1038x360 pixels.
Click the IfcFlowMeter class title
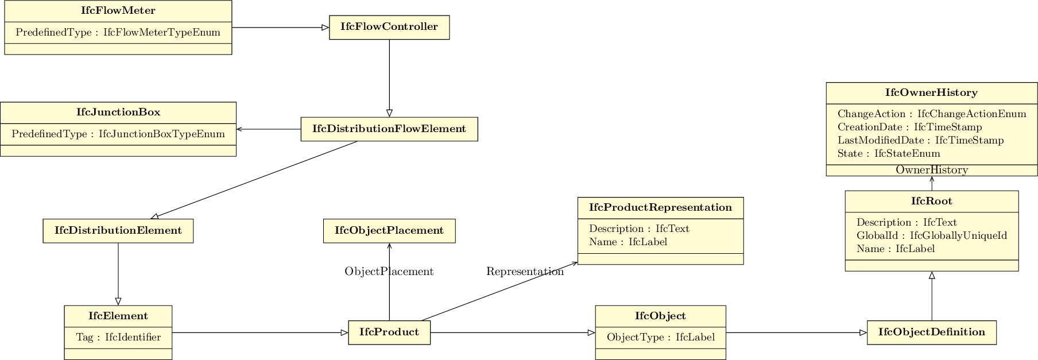pos(118,11)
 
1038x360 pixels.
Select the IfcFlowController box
pos(389,27)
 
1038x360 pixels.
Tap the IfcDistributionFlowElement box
pos(389,129)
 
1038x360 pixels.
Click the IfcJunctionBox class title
pos(118,113)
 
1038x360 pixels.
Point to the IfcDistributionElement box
pos(118,231)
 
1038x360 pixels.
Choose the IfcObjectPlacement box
pos(389,231)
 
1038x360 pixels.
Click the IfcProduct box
pos(389,332)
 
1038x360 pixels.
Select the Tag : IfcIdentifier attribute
pos(118,338)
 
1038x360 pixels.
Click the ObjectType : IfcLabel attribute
pos(660,338)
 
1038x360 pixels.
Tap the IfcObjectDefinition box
pos(931,332)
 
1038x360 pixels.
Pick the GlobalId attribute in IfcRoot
pos(931,236)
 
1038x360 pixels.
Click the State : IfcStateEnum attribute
pos(888,154)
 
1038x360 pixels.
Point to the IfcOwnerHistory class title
pos(931,93)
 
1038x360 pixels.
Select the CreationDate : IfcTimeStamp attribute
pos(909,127)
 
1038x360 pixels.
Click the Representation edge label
pos(525,272)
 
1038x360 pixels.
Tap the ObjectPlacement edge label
pos(389,272)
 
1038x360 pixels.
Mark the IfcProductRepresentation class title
pos(660,208)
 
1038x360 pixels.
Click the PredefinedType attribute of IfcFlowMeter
pos(118,33)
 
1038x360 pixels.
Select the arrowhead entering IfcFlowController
pos(326,28)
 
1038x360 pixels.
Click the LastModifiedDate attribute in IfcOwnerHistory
pos(920,141)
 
